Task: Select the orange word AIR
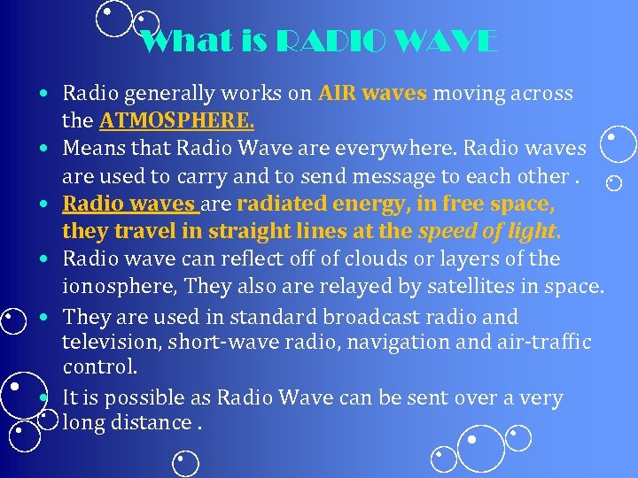click(x=339, y=94)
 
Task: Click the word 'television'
click(x=105, y=342)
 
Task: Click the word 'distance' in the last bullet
click(x=155, y=423)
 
